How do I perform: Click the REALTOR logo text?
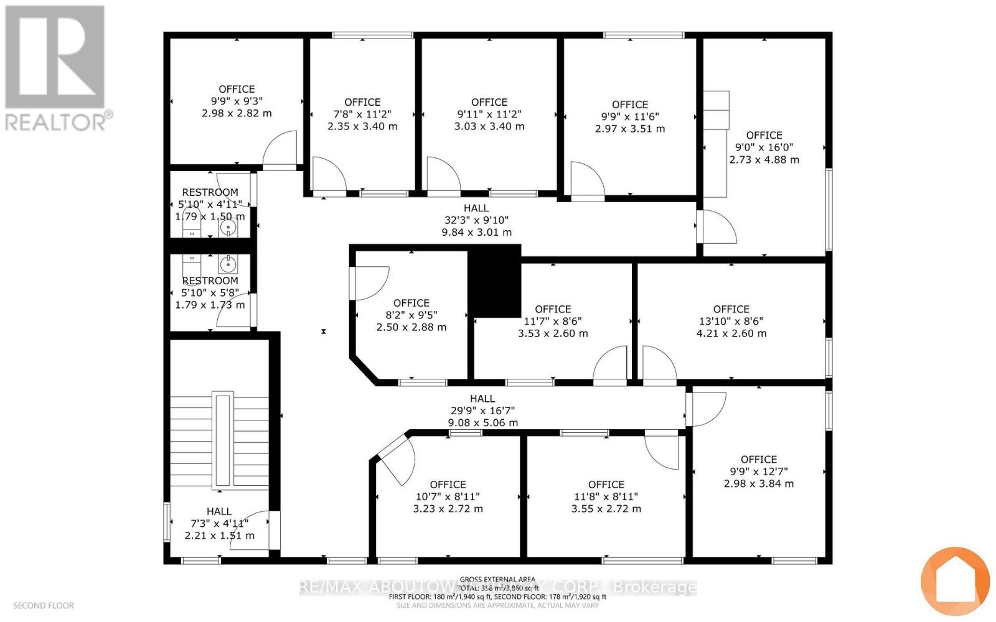point(60,121)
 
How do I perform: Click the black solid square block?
point(494,281)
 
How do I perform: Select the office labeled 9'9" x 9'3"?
point(237,101)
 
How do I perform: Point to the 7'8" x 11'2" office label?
point(362,114)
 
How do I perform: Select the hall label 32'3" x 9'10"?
point(476,220)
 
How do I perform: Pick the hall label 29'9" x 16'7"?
point(482,411)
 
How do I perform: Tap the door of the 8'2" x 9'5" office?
point(370,283)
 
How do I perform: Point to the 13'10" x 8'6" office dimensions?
point(731,322)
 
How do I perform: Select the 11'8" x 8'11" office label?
point(606,496)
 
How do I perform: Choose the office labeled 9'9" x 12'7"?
point(758,471)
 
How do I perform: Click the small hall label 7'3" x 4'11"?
point(219,523)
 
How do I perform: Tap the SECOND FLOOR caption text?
point(44,605)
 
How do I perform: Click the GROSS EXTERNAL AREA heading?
point(497,580)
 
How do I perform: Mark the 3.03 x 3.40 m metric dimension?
point(489,126)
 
